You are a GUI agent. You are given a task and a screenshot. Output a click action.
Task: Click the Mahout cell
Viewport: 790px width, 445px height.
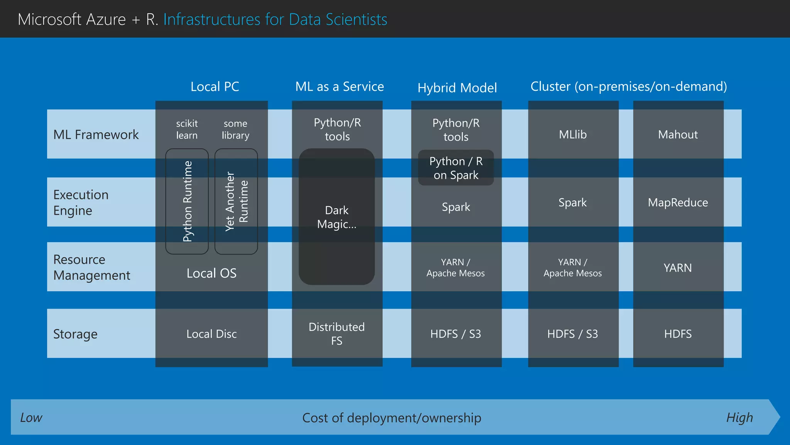coord(678,134)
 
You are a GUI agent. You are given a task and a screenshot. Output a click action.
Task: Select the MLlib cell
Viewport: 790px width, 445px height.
coord(573,134)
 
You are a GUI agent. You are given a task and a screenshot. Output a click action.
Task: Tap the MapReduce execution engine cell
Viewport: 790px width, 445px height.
coord(678,202)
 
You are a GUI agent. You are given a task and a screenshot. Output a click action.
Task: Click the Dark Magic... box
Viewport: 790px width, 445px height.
coord(337,217)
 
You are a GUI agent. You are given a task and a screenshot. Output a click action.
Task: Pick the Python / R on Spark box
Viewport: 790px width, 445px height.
coord(456,168)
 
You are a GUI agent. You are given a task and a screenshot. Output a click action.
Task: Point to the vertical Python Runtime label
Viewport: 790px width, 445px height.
coord(187,201)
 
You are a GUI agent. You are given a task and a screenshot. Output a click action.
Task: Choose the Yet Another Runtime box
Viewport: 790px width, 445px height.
coord(236,201)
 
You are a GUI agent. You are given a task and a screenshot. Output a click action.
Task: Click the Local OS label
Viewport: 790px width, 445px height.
coord(211,273)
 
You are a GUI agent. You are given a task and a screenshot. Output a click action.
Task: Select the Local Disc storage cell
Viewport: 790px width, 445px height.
coord(211,334)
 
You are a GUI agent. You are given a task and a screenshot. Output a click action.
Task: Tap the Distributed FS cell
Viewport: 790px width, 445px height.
coord(337,334)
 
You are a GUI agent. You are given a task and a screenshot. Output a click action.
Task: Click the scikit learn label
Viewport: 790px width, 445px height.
coord(187,129)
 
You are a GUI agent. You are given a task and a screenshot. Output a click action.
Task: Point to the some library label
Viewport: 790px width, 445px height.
coord(235,129)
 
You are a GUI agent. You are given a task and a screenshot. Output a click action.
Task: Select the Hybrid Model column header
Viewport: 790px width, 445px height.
coord(457,88)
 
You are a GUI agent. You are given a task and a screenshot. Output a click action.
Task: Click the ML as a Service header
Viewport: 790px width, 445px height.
coord(339,87)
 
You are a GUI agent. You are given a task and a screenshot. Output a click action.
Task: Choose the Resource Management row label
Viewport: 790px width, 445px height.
coord(92,267)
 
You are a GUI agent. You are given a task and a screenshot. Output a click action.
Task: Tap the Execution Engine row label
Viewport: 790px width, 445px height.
coord(81,202)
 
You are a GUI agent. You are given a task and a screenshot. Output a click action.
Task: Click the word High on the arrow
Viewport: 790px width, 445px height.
coord(739,418)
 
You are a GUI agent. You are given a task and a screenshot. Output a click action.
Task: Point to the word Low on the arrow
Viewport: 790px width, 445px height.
coord(31,418)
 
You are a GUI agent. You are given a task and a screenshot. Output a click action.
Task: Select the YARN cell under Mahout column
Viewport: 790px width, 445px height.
coord(678,268)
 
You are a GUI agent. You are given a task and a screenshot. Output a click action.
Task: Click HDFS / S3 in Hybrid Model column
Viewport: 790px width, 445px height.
coord(456,334)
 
